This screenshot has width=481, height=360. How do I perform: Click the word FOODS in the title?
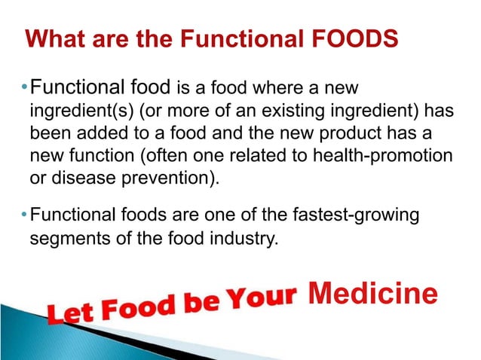pos(357,39)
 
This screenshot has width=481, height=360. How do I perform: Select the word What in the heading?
pos(52,39)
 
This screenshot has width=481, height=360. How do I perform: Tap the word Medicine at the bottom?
pos(373,294)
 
